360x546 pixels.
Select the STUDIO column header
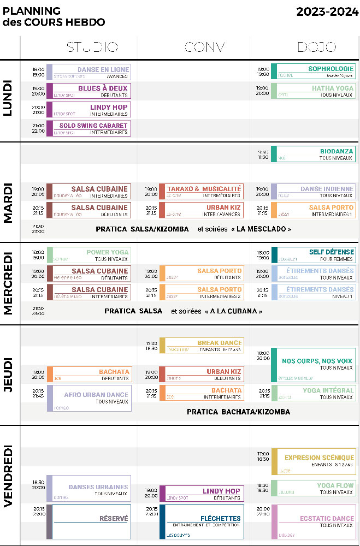tap(92, 47)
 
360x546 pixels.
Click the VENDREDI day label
tap(9, 484)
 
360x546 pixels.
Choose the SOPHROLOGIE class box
tap(313, 72)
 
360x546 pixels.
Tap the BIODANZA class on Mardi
tap(313, 154)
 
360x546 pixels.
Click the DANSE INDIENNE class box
tap(313, 192)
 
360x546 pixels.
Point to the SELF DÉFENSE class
tap(313, 255)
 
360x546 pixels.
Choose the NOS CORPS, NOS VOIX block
tap(313, 364)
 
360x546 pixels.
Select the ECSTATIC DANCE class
tap(313, 521)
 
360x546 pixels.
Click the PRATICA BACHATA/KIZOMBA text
tap(238, 412)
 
